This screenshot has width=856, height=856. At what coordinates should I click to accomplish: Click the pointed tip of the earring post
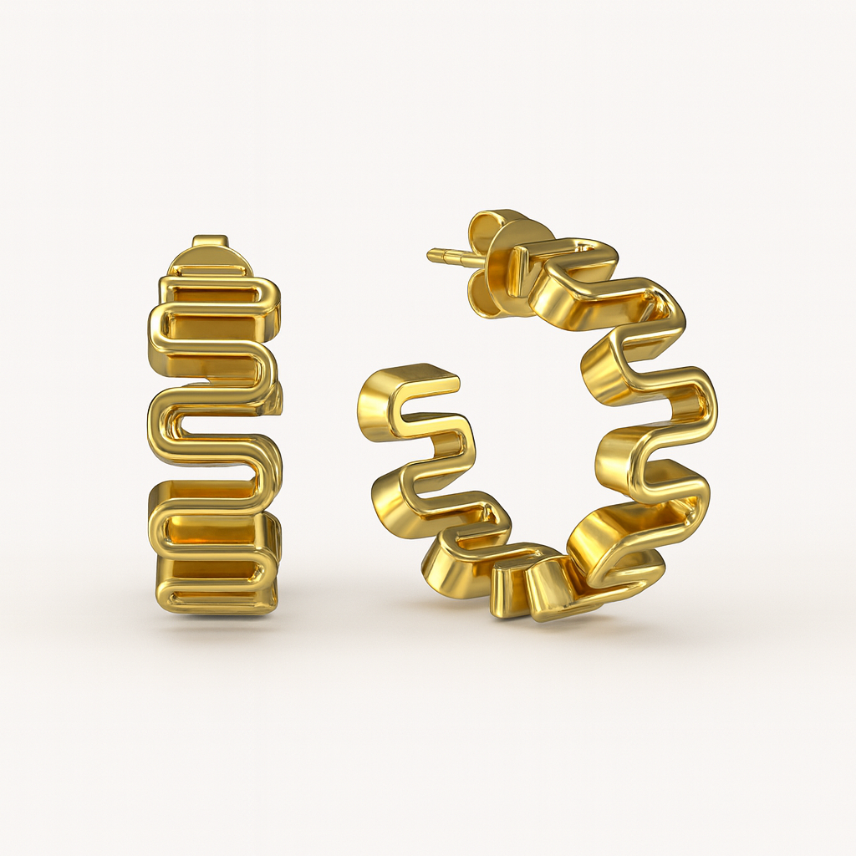point(430,253)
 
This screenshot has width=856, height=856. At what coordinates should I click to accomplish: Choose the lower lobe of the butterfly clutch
point(490,298)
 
